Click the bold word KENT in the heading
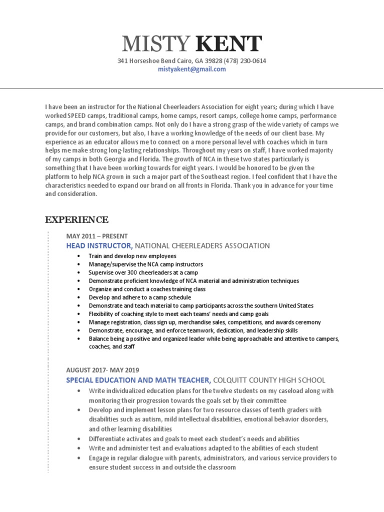coord(228,45)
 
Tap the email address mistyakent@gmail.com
coord(191,69)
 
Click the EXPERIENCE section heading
coord(76,219)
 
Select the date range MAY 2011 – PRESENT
coord(96,236)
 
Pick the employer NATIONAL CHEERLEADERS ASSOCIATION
coord(202,245)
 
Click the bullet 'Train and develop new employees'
coord(132,256)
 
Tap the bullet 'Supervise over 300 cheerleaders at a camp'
coord(143,272)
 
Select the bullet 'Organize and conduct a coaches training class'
coord(147,289)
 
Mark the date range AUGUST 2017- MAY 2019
coord(102,370)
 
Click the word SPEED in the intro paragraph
coord(74,115)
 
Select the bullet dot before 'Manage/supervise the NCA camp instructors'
coord(79,264)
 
